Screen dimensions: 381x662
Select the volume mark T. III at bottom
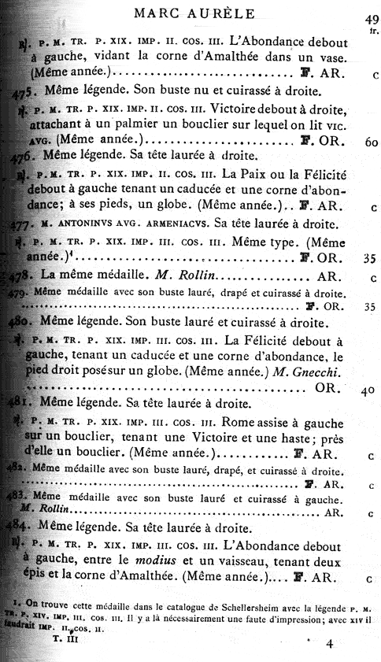(x=63, y=641)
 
